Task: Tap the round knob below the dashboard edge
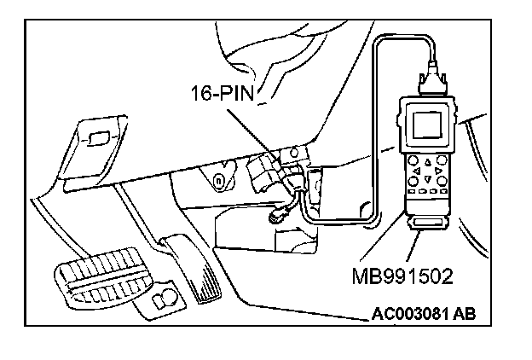coord(220,181)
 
